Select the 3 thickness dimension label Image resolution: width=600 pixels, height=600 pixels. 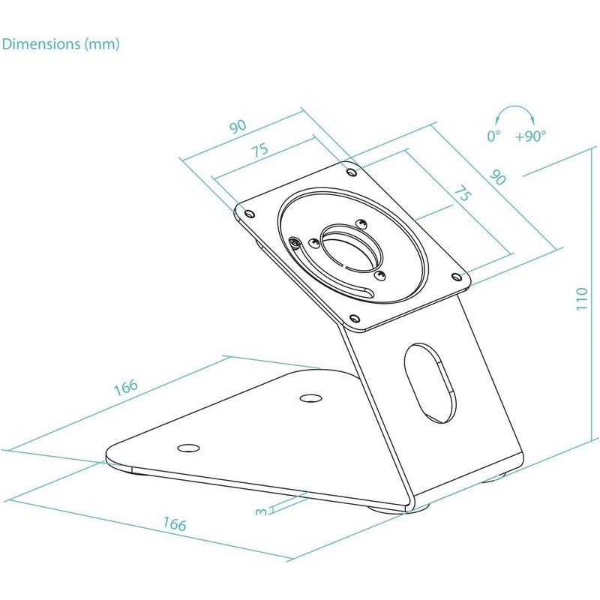261,511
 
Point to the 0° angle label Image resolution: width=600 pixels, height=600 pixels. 493,136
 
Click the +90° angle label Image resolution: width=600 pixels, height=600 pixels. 531,136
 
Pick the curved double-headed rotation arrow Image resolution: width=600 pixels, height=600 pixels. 513,114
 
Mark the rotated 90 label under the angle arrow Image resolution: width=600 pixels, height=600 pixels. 497,177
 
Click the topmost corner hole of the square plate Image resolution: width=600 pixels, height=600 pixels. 352,171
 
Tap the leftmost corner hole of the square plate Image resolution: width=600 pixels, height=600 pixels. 244,212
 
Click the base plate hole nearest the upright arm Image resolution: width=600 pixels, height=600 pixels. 307,397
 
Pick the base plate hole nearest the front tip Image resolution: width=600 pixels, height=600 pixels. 187,448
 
